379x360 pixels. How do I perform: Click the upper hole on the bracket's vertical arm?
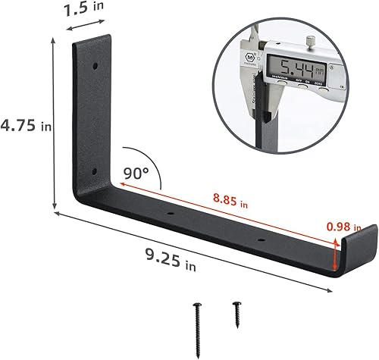[x=95, y=67]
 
